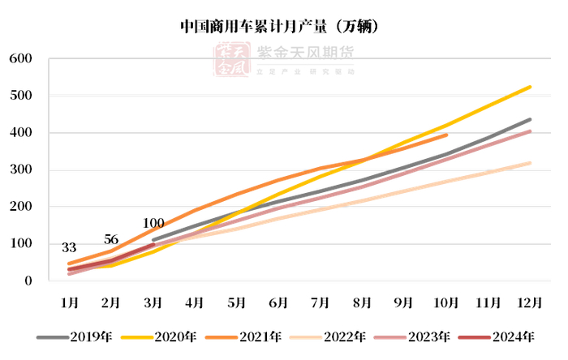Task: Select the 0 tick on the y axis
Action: tap(28, 281)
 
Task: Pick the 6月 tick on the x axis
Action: tap(278, 302)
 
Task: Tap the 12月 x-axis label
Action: tap(529, 302)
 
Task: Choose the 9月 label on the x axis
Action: tap(403, 302)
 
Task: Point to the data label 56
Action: tap(111, 239)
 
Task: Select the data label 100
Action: tap(153, 223)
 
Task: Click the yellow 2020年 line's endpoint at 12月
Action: tap(530, 87)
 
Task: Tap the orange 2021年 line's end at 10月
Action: tap(446, 135)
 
